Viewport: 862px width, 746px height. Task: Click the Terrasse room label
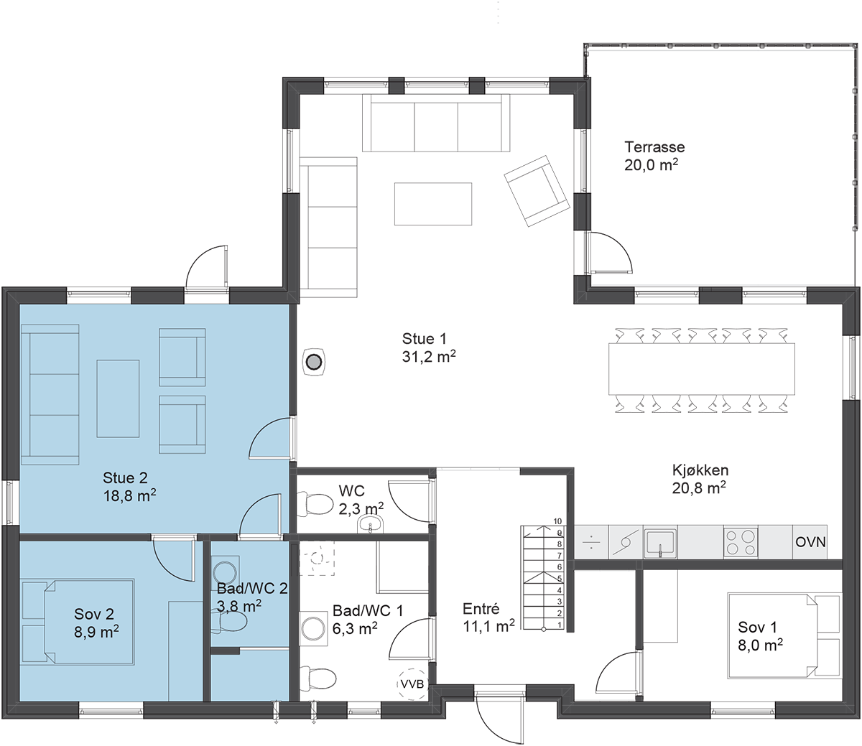[654, 147]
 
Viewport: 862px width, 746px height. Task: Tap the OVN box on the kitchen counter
[810, 542]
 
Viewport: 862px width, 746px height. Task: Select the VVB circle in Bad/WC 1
[412, 684]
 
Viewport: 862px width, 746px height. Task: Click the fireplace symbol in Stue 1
[313, 361]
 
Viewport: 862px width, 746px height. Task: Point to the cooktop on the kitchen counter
[741, 542]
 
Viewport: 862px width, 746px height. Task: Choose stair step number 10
[557, 521]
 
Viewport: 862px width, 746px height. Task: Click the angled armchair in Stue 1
[537, 191]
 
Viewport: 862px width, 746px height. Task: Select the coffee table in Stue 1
[433, 203]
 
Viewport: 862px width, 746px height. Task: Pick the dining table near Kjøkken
[701, 368]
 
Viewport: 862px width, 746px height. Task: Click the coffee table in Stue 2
[118, 398]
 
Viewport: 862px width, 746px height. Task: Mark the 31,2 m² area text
[429, 357]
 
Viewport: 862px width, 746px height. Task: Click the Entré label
[481, 609]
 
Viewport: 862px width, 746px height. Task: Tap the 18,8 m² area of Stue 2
[130, 495]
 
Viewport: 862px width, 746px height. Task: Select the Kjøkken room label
[700, 470]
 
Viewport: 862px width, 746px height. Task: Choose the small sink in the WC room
[370, 524]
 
